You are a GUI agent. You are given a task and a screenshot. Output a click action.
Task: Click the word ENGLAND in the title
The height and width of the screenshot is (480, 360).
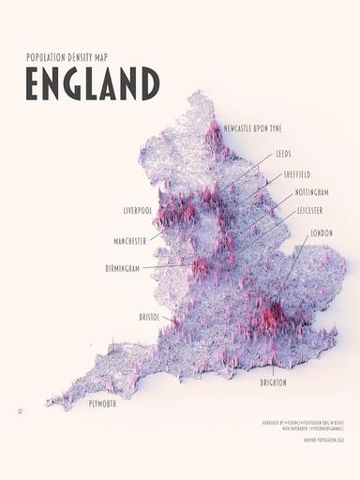[x=93, y=83]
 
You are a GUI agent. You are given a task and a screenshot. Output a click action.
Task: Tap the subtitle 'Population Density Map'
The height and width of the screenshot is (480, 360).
[x=69, y=57]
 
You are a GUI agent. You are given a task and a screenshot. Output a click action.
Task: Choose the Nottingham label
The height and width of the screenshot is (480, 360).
[x=311, y=192]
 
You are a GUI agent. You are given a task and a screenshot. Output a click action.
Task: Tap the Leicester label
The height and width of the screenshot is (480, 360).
[x=309, y=211]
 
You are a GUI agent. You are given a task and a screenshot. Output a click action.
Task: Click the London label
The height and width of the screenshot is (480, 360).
[x=322, y=232]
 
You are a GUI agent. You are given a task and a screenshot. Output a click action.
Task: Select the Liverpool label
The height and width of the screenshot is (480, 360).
[x=137, y=210]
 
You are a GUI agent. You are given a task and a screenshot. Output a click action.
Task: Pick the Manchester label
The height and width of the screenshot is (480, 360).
[x=129, y=240]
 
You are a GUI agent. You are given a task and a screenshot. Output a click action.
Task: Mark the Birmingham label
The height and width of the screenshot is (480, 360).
[x=122, y=268]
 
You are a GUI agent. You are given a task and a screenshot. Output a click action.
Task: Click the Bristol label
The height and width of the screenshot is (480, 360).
[x=149, y=318]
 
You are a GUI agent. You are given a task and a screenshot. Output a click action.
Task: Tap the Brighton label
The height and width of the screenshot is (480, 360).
[x=274, y=382]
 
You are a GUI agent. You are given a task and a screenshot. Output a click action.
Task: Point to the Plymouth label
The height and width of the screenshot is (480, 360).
[x=103, y=403]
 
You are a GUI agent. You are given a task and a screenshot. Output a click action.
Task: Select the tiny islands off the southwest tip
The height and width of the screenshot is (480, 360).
[x=18, y=412]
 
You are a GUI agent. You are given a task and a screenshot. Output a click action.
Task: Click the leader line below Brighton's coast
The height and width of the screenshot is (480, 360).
[x=273, y=369]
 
